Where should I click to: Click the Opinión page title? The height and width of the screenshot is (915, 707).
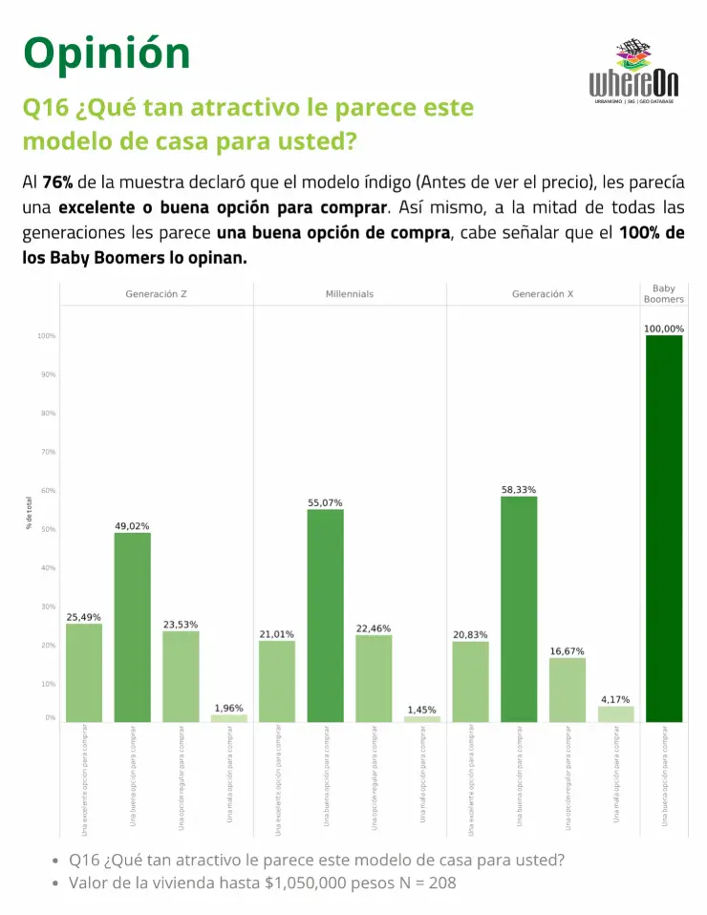point(107,53)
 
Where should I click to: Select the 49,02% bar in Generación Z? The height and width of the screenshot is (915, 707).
point(132,627)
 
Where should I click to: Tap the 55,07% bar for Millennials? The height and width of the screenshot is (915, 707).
point(325,615)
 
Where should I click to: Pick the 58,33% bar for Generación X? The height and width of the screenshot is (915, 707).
point(519,608)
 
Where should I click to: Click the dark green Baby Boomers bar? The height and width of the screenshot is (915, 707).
point(664,528)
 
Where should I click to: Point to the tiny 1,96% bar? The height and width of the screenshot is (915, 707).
point(228,717)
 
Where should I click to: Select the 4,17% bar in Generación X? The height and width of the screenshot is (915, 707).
point(615,713)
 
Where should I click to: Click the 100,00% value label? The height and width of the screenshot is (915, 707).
point(664,329)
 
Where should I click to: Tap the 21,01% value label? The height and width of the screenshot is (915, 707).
point(277,634)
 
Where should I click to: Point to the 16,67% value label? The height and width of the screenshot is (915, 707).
point(567,651)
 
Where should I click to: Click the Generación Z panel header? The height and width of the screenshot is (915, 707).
point(156,294)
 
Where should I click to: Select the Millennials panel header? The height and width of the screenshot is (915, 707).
point(350,294)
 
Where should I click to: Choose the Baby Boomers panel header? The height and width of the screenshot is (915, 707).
point(664,293)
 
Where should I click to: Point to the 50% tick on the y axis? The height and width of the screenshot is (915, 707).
point(47,529)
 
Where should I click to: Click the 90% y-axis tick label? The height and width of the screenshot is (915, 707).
point(47,374)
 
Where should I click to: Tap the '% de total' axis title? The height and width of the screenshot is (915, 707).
point(29,513)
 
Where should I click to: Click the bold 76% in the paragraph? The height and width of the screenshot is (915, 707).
point(58,181)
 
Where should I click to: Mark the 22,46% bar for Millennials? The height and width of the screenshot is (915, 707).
point(374,678)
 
